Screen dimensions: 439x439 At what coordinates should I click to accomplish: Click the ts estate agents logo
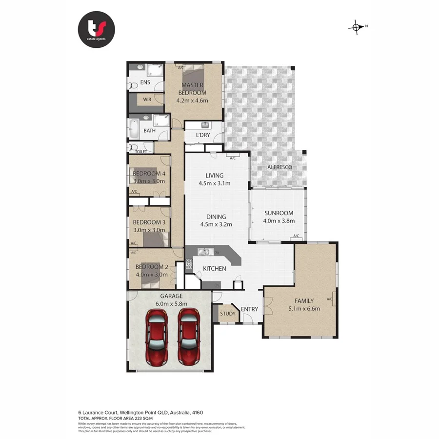tap(97, 30)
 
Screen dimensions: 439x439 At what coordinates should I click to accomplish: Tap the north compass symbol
tap(357, 27)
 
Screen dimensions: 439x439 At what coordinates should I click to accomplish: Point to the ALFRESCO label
tap(279, 167)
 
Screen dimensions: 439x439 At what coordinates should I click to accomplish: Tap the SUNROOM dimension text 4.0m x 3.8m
tap(279, 221)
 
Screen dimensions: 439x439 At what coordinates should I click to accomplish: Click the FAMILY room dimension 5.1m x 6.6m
tap(303, 308)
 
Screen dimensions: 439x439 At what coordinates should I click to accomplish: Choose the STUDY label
tap(227, 314)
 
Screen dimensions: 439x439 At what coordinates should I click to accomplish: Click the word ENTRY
tap(249, 309)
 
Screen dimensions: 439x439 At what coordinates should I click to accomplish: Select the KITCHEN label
tap(214, 269)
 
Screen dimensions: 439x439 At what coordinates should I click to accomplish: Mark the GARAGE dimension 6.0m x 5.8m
tap(169, 303)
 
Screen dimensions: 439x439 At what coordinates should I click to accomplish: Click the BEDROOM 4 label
tap(149, 173)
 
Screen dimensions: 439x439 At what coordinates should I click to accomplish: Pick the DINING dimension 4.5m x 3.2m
tap(215, 225)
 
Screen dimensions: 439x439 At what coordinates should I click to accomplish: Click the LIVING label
tap(214, 176)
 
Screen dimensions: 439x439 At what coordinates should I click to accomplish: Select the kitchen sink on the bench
tap(204, 252)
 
